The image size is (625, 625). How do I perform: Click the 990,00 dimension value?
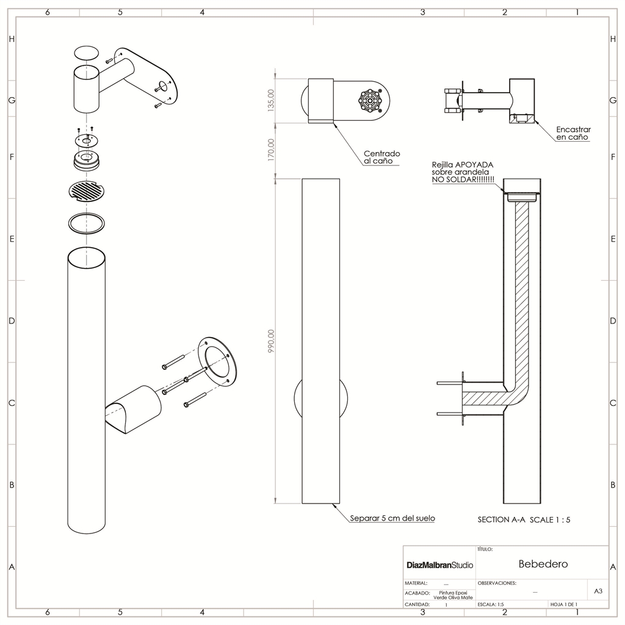click(272, 341)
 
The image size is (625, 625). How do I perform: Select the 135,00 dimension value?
click(272, 100)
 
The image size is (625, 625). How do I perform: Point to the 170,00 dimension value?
click(272, 150)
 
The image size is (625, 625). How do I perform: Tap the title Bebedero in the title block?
click(543, 563)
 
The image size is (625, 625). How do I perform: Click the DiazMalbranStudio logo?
click(439, 565)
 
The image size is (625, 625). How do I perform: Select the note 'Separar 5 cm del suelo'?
click(392, 518)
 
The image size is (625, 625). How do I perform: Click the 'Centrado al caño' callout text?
click(382, 157)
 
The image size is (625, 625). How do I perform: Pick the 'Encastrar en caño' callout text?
click(573, 133)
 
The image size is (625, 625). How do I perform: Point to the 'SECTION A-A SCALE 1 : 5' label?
click(524, 520)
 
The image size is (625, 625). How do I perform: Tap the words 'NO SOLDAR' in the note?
click(454, 180)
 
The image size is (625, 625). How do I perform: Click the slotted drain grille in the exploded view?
click(87, 191)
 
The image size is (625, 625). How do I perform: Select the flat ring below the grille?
click(87, 223)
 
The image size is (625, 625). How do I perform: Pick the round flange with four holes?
click(217, 361)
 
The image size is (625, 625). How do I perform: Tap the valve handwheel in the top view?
click(370, 101)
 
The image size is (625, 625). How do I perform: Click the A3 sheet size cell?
click(598, 591)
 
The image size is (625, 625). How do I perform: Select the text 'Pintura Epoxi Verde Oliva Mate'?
click(453, 595)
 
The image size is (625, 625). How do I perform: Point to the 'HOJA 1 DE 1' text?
click(563, 604)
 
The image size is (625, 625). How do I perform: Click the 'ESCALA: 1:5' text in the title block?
click(491, 604)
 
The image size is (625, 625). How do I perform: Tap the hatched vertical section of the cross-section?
click(522, 295)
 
